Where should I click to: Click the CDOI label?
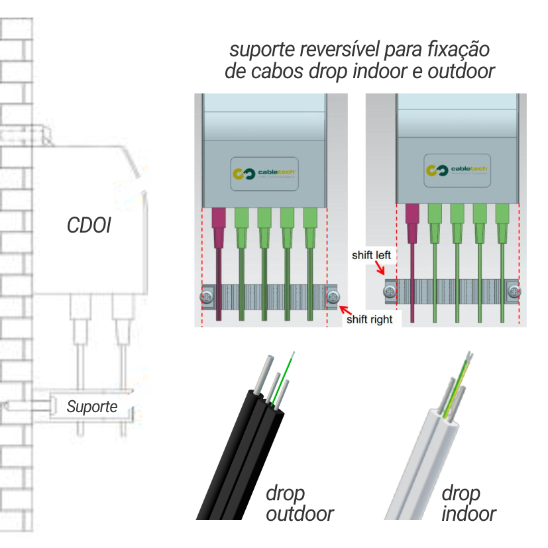(x=88, y=225)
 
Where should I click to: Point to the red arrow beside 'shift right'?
(x=345, y=309)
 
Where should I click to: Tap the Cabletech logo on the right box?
(x=457, y=171)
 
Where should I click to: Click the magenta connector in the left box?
(x=217, y=225)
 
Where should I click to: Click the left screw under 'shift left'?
(x=391, y=290)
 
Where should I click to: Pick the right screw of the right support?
(x=514, y=290)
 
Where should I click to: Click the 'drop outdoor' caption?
(x=298, y=503)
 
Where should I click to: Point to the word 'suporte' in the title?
(x=262, y=50)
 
